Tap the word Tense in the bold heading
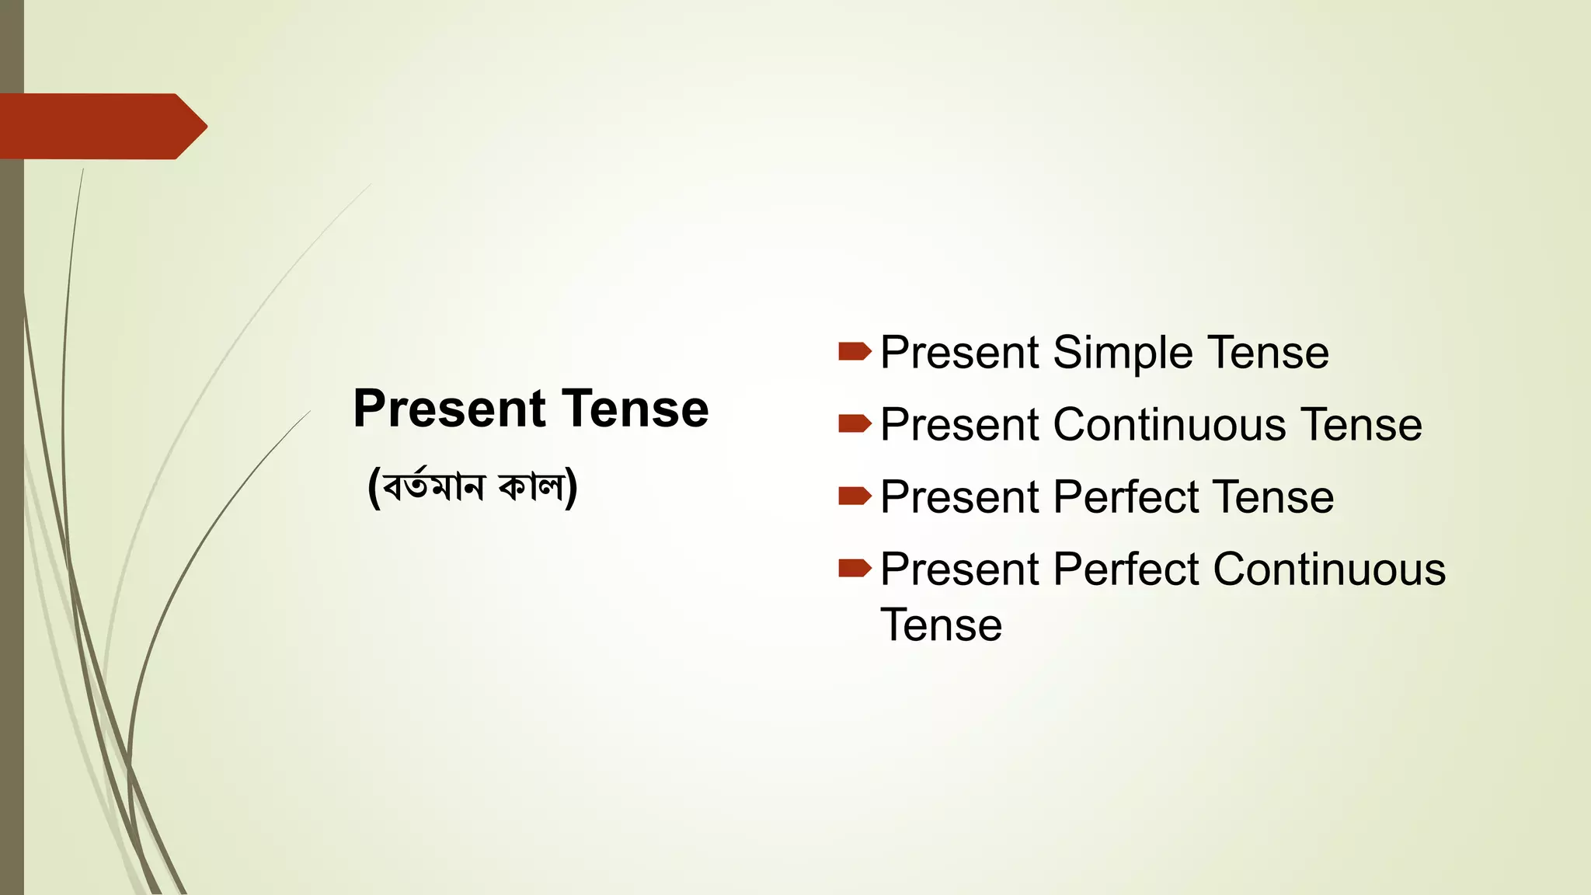click(635, 409)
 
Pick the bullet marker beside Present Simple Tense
click(855, 352)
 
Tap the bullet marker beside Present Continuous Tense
click(855, 423)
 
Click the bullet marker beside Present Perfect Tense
click(855, 496)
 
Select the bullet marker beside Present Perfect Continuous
click(855, 568)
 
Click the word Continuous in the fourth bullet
click(1329, 569)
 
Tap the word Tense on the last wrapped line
click(941, 625)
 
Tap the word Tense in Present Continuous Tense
click(1361, 425)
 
